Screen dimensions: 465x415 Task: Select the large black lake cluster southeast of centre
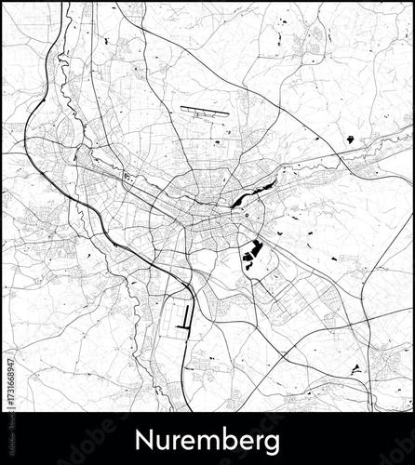(x=252, y=252)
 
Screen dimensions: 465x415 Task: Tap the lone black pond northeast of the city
(x=350, y=139)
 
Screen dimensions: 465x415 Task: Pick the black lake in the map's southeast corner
(x=355, y=370)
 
